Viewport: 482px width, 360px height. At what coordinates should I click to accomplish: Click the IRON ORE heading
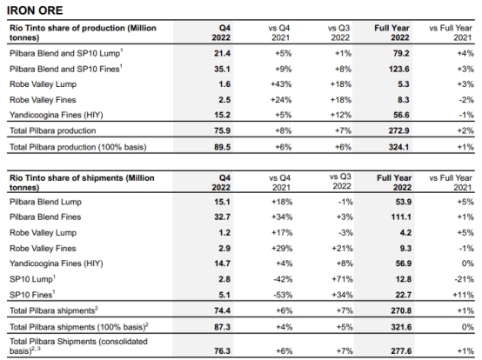click(x=35, y=10)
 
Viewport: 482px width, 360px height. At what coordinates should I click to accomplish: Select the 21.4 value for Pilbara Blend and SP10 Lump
click(x=222, y=53)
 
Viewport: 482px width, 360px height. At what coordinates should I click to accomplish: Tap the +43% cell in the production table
click(x=281, y=84)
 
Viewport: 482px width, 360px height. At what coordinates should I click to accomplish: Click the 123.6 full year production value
click(x=399, y=69)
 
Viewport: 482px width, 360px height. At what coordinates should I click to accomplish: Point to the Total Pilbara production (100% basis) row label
click(x=78, y=147)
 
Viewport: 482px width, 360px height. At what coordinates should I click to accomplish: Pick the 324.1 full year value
click(x=399, y=147)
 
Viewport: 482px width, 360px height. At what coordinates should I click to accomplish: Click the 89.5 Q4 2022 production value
click(x=222, y=147)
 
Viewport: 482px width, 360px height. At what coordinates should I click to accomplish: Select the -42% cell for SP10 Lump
click(x=283, y=279)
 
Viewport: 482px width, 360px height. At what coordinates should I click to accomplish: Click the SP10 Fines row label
click(x=32, y=295)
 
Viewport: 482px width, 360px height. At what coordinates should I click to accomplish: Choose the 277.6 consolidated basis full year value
click(x=401, y=350)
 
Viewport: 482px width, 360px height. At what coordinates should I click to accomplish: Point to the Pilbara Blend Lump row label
click(x=45, y=202)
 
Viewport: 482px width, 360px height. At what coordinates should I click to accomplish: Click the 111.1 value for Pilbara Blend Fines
click(x=401, y=217)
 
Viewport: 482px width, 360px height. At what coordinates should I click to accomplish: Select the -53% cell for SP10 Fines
click(x=283, y=295)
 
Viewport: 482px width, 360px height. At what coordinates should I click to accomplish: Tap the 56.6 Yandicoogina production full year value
click(x=401, y=115)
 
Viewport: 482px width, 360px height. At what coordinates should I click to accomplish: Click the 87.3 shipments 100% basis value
click(x=222, y=327)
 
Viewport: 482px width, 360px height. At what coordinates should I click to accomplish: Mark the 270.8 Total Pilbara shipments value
click(x=401, y=310)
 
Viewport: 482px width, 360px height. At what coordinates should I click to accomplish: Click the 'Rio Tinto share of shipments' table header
click(x=82, y=183)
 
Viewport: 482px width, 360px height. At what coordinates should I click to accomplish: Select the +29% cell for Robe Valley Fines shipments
click(x=282, y=249)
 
